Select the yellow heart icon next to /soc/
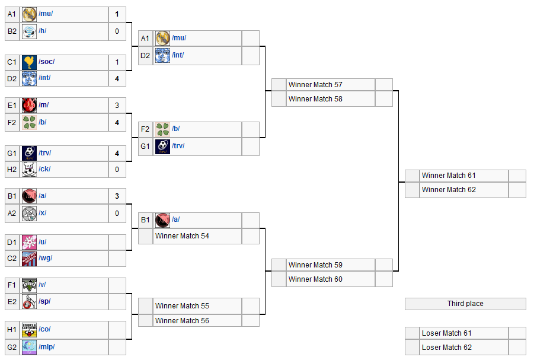[x=29, y=62]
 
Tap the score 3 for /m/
[x=117, y=106]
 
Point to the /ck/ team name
[x=44, y=169]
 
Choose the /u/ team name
[x=43, y=242]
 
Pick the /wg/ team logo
[x=29, y=258]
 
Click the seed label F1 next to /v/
[x=12, y=285]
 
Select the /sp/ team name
[x=44, y=301]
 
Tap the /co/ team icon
[x=29, y=330]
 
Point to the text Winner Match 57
[x=315, y=85]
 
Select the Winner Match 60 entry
[x=315, y=279]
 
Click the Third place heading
[x=465, y=304]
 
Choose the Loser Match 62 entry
[x=447, y=348]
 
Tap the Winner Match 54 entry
[x=182, y=236]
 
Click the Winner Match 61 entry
[x=449, y=176]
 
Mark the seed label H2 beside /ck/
[x=12, y=169]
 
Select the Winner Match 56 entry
[x=182, y=321]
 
